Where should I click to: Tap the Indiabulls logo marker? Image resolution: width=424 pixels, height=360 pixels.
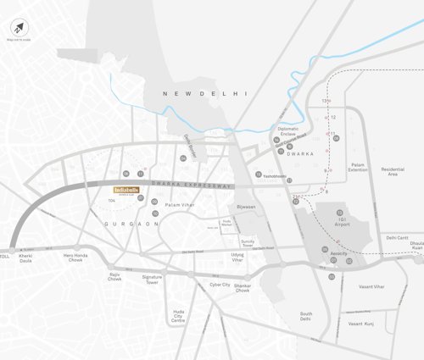pos(126,191)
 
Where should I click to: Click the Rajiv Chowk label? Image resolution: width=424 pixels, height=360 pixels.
pos(115,277)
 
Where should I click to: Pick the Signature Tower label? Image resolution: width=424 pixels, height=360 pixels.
pos(152,279)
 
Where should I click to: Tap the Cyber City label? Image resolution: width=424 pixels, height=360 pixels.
pos(220,285)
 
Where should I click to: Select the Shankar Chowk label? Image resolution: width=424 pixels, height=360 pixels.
pos(243,287)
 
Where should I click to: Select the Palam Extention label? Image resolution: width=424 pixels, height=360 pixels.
pos(359,168)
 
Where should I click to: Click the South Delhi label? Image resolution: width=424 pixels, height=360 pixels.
pos(305,316)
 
